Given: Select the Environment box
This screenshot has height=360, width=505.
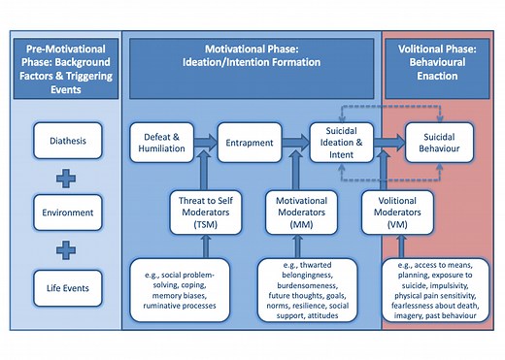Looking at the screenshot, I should click(65, 211).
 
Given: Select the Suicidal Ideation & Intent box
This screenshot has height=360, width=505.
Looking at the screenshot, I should click(340, 142).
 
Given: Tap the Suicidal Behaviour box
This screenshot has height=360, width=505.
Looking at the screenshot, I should click(438, 142).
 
